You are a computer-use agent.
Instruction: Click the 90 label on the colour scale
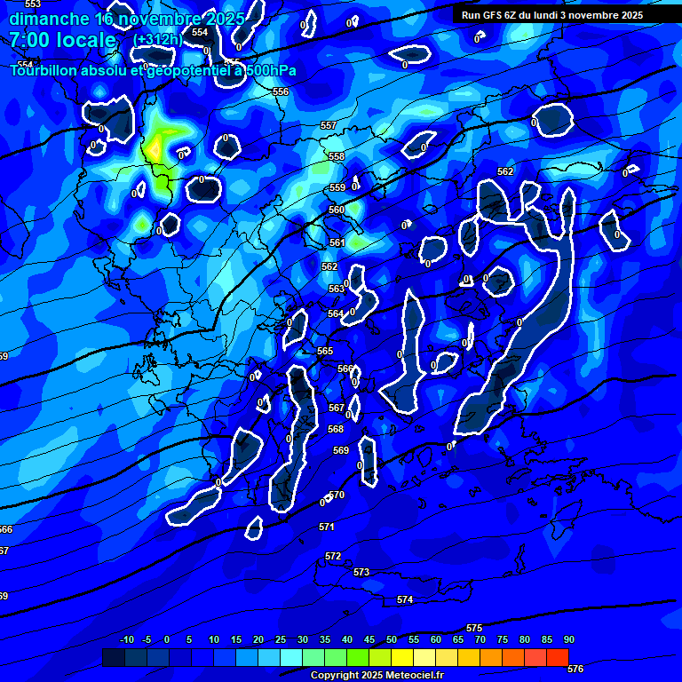[x=569, y=639]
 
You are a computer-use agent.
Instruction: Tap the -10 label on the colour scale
[x=127, y=639]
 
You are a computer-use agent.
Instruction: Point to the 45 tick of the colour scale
[x=369, y=639]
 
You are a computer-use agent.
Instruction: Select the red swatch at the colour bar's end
[x=558, y=657]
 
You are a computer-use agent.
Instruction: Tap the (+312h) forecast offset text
[x=158, y=40]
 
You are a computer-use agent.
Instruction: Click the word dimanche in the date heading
[x=48, y=19]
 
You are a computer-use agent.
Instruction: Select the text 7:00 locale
[x=62, y=40]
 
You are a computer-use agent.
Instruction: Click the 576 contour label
[x=575, y=669]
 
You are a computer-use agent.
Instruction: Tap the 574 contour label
[x=405, y=600]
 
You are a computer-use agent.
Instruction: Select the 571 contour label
[x=327, y=527]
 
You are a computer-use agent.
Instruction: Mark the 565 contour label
[x=325, y=352]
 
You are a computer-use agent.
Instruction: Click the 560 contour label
[x=337, y=210]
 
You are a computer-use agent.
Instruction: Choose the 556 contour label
[x=281, y=92]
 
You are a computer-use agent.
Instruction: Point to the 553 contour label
[x=33, y=4]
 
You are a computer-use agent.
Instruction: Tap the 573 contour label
[x=361, y=573]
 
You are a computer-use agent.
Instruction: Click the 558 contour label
[x=337, y=157]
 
